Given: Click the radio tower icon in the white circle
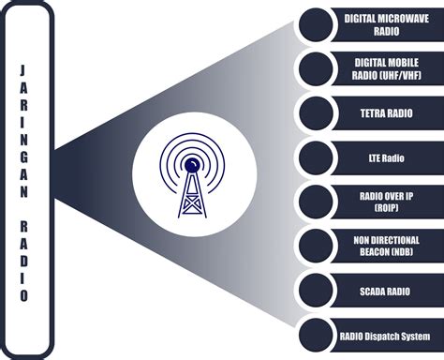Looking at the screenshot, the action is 194,178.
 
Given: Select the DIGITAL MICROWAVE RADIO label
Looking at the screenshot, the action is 385,24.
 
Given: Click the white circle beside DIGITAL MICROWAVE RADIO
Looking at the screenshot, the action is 317,24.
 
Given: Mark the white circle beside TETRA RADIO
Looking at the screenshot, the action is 317,112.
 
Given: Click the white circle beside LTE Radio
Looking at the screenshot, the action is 317,156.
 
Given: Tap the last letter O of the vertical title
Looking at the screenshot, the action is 25,296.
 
